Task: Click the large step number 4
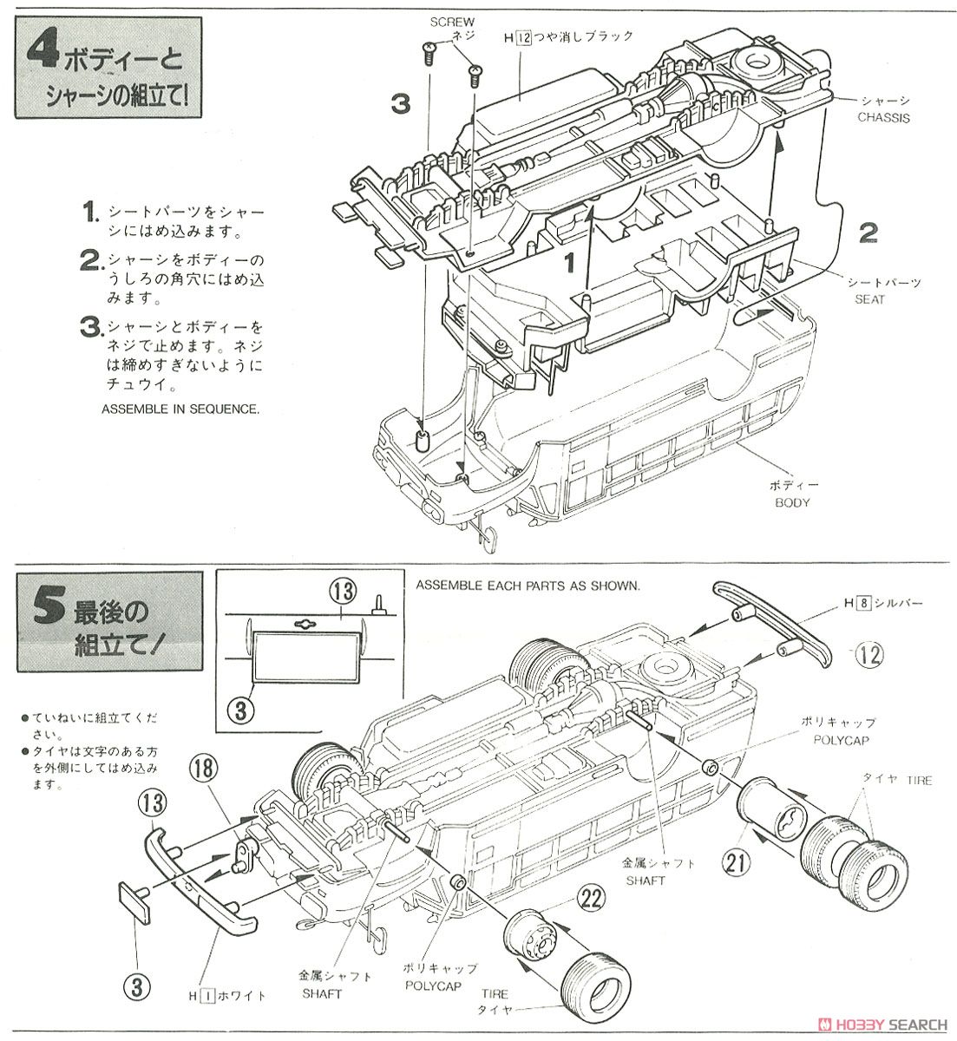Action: (41, 55)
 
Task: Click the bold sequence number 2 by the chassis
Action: (867, 232)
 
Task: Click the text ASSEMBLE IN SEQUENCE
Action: (180, 409)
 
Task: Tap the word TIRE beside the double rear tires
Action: (917, 781)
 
